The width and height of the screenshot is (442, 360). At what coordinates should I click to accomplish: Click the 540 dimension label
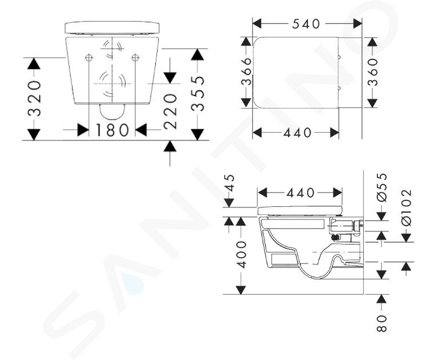(x=306, y=24)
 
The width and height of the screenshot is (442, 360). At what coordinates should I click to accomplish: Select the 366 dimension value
(x=246, y=71)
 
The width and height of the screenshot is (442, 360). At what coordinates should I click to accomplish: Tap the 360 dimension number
(x=373, y=72)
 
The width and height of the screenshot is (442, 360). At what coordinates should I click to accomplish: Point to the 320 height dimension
(x=34, y=98)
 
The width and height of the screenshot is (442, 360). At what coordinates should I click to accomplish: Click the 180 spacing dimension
(x=112, y=130)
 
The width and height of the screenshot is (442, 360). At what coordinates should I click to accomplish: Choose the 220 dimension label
(x=170, y=112)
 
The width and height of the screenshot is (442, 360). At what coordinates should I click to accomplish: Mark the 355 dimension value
(x=198, y=94)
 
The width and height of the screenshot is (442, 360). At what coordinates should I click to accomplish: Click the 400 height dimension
(x=241, y=254)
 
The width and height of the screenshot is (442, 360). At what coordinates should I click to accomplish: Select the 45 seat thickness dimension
(x=230, y=183)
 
